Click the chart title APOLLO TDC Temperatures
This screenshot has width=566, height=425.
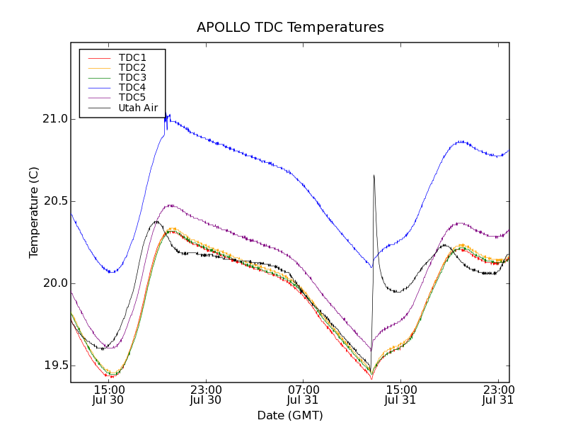click(290, 28)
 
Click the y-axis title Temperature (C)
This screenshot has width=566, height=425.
click(34, 212)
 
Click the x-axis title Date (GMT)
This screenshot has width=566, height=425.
click(290, 415)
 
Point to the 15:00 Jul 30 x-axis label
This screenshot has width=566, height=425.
click(110, 395)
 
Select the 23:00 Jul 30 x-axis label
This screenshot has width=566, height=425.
click(207, 395)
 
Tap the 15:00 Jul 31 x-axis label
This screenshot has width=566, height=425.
click(401, 395)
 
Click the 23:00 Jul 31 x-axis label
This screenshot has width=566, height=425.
click(498, 395)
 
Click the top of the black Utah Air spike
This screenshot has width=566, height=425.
click(374, 175)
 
